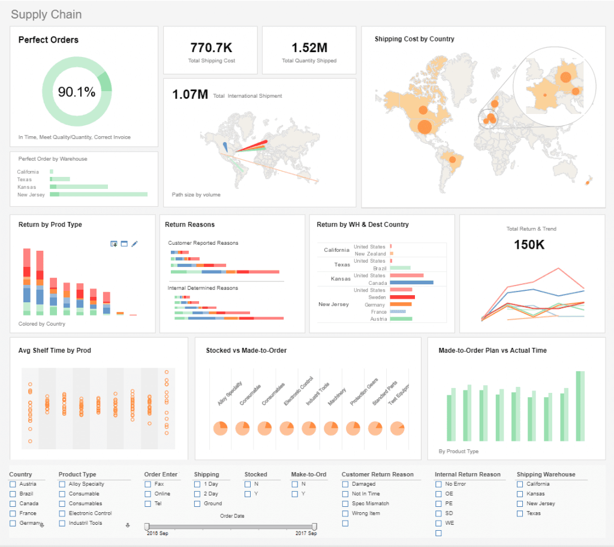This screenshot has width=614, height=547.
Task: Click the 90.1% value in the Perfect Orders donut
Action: point(77,92)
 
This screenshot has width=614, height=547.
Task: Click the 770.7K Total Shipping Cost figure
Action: point(211,48)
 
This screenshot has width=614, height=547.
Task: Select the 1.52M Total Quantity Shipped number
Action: point(309,48)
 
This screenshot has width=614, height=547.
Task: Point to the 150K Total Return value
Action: point(529,245)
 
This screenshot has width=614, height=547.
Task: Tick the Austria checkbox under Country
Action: point(13,484)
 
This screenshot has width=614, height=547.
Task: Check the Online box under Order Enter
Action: point(148,494)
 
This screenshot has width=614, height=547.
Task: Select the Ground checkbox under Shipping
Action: point(198,504)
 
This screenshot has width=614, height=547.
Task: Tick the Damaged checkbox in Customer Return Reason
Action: point(345,484)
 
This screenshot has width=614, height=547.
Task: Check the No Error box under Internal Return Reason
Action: point(438,484)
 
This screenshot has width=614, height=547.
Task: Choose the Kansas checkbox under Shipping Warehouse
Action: point(520,494)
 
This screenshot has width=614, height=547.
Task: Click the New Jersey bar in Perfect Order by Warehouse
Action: point(99,194)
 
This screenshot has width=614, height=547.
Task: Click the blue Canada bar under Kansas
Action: point(411,282)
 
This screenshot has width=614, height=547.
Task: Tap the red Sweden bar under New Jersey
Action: point(402,297)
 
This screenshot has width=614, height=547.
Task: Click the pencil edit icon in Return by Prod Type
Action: point(135,244)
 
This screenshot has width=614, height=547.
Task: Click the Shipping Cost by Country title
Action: point(414,39)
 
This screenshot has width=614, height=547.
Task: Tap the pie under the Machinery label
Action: point(331,428)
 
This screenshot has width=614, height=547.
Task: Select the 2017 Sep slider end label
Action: point(305,533)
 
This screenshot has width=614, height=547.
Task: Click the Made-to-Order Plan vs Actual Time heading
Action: point(492,350)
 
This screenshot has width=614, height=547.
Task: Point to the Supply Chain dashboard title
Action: point(46,14)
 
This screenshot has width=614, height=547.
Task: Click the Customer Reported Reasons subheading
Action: point(203,243)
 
